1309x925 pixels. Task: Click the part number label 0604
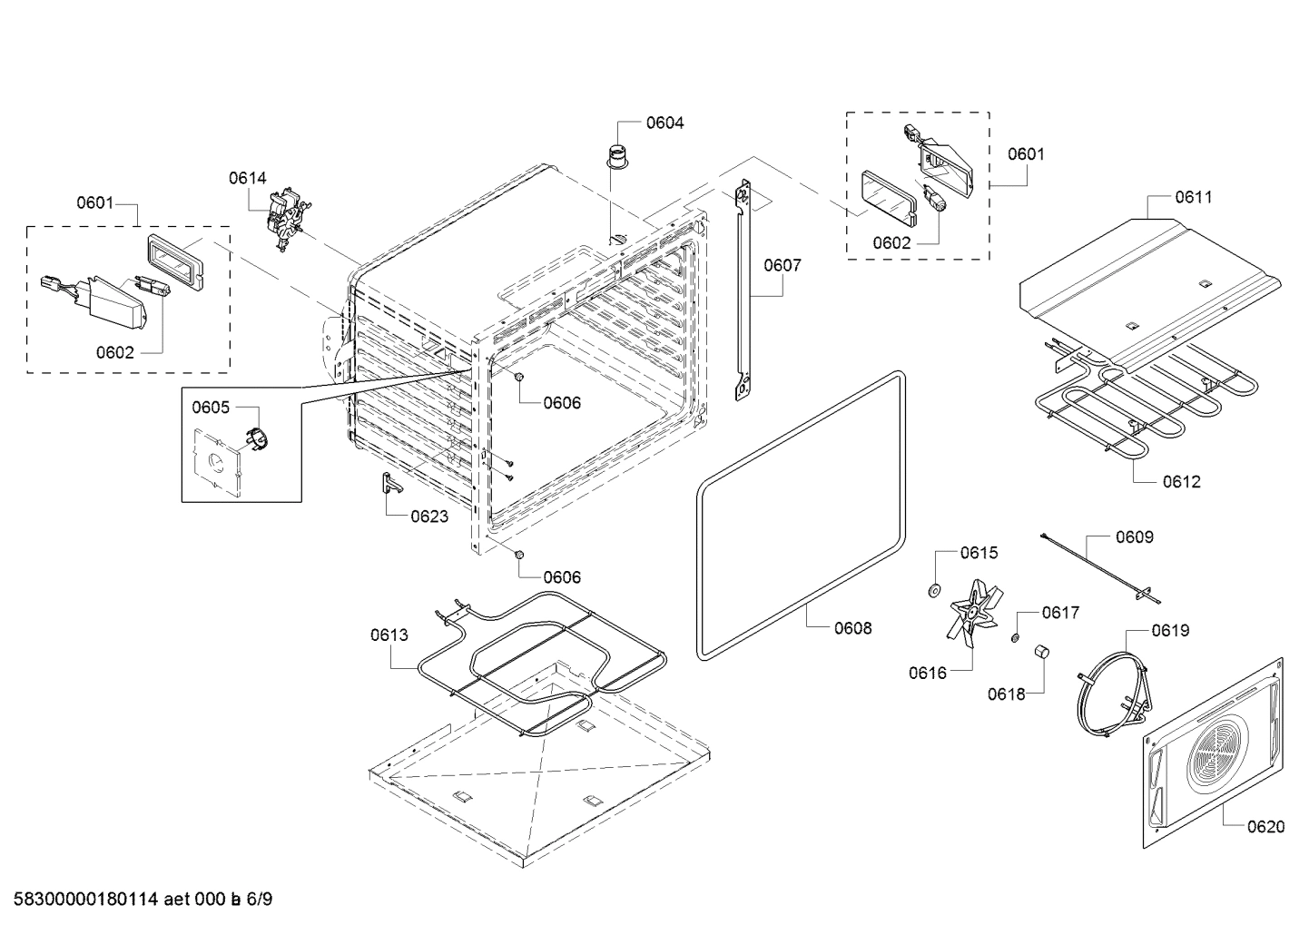pyautogui.click(x=664, y=123)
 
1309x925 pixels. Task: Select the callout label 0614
pyautogui.click(x=248, y=178)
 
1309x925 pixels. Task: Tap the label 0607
pyautogui.click(x=782, y=265)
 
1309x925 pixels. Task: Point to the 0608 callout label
pyautogui.click(x=852, y=627)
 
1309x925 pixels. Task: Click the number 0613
pyautogui.click(x=389, y=635)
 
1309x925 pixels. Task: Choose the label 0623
pyautogui.click(x=429, y=517)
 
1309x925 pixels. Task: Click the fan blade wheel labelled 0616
pyautogui.click(x=972, y=614)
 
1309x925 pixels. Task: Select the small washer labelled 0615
pyautogui.click(x=932, y=592)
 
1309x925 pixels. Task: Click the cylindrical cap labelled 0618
pyautogui.click(x=1041, y=652)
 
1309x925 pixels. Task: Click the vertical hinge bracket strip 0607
pyautogui.click(x=743, y=290)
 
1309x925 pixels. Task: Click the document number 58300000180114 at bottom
pyautogui.click(x=81, y=900)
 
